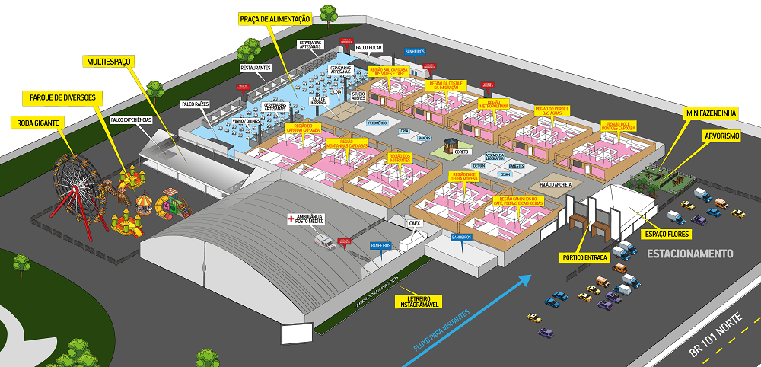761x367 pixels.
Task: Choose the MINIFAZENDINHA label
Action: point(711,113)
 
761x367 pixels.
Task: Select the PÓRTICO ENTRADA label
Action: point(584,257)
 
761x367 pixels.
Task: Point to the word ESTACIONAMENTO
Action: point(689,253)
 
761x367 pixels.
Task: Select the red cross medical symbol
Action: point(290,219)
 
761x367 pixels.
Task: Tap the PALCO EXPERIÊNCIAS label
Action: point(132,120)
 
